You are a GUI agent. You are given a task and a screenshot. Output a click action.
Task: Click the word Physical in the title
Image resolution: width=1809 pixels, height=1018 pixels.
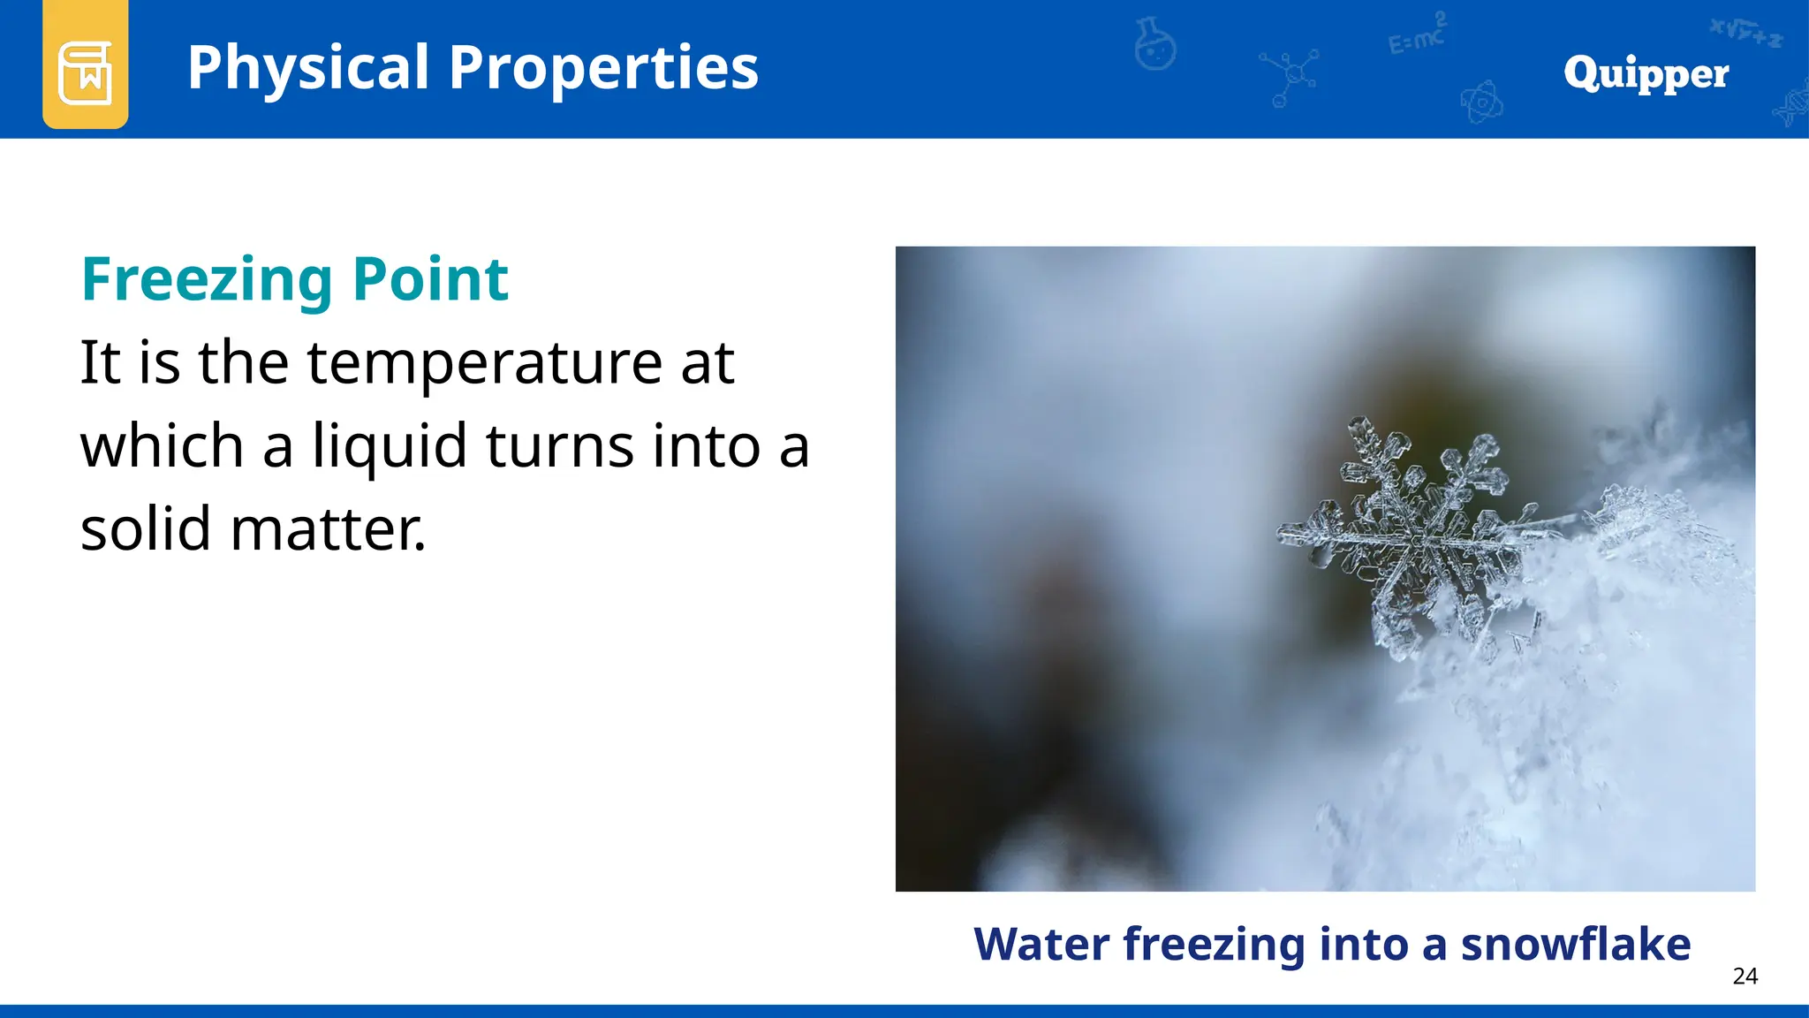point(307,68)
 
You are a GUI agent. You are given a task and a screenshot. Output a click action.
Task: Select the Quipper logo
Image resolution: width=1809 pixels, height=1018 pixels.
point(1646,73)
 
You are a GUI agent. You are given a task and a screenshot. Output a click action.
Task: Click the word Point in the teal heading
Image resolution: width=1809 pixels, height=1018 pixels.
point(430,280)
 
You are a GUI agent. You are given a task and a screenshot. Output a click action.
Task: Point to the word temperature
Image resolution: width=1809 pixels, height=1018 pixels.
point(484,363)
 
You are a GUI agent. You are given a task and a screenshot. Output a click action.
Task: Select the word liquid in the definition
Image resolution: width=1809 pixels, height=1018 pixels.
point(390,445)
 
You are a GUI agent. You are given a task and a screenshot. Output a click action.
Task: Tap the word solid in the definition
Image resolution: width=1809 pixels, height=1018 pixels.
point(146,528)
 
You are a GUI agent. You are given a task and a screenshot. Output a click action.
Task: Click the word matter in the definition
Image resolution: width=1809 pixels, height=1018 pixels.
point(327,528)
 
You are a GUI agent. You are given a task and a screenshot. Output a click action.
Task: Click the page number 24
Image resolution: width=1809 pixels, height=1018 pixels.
point(1745,976)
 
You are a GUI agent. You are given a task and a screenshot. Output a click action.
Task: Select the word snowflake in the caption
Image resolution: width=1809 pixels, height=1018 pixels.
point(1575,944)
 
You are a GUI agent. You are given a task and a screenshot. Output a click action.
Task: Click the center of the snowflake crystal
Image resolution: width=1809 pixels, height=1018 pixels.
point(1423,536)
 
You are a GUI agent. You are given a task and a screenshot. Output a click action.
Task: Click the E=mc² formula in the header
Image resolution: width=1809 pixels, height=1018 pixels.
point(1417,35)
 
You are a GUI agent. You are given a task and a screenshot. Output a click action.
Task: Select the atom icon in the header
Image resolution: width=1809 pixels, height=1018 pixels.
point(1481,103)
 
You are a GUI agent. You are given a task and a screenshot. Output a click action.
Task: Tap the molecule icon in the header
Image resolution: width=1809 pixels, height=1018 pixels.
point(1291,76)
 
